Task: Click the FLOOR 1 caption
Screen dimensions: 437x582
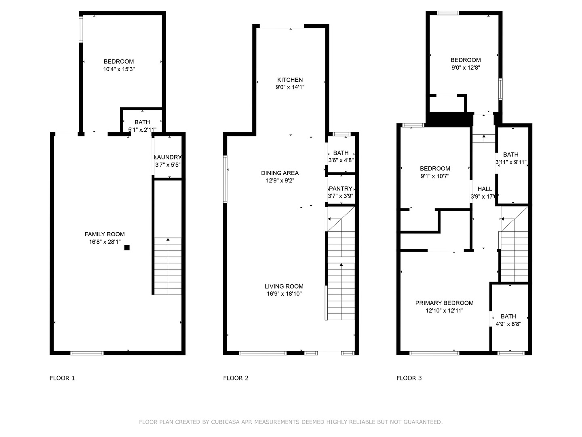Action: coord(62,378)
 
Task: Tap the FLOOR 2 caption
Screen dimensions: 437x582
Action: coord(236,378)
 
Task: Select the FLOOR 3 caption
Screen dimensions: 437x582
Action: coord(409,378)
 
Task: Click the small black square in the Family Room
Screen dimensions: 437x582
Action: coord(127,248)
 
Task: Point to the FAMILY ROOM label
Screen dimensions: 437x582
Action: coord(105,234)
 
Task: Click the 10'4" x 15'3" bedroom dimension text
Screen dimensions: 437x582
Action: coord(119,69)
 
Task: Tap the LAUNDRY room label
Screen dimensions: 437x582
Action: coord(168,157)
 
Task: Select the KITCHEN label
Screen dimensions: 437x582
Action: coord(290,80)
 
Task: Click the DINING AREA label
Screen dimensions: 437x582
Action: coord(280,173)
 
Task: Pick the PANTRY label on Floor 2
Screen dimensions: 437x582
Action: coord(341,189)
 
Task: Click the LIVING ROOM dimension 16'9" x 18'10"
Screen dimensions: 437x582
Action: coord(284,294)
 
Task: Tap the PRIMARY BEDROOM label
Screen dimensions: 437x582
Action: coord(444,303)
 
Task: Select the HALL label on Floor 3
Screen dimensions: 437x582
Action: coord(485,189)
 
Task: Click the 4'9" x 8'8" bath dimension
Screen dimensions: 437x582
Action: coord(508,324)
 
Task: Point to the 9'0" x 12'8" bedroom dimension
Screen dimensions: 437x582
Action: coord(466,68)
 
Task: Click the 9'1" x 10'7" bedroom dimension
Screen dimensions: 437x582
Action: coord(435,176)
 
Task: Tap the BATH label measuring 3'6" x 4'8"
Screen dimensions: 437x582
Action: coord(341,153)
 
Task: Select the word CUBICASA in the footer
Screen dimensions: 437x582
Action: coord(226,422)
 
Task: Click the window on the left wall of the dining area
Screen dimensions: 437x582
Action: coord(225,179)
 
